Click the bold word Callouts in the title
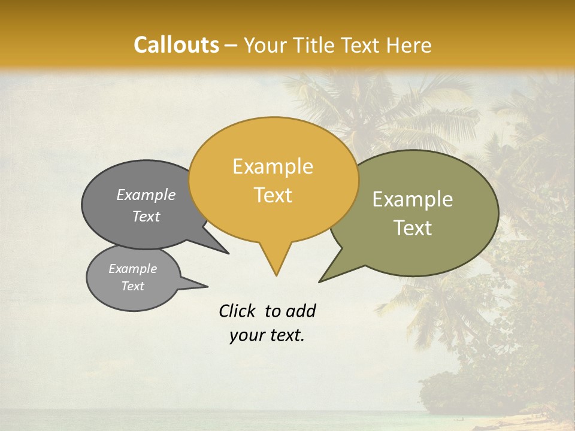176,45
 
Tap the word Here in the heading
408,45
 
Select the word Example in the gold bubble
273,166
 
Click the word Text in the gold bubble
273,195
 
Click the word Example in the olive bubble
413,199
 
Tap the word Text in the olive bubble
413,228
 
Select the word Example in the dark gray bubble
146,195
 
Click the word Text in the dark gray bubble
146,216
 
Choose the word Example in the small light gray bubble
132,269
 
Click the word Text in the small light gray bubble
132,286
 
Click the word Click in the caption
237,311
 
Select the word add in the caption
301,311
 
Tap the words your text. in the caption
267,336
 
